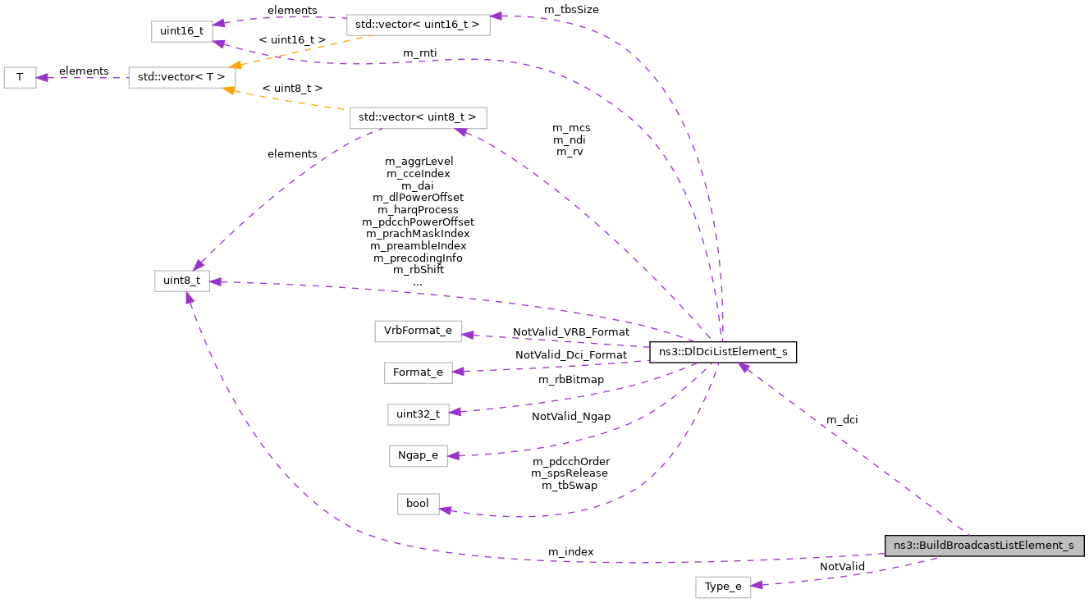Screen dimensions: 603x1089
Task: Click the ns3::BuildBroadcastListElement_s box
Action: click(x=984, y=546)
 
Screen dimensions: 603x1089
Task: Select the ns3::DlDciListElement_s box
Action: click(x=722, y=353)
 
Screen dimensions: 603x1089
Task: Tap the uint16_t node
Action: click(x=181, y=31)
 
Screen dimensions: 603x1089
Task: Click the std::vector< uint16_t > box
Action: click(x=418, y=25)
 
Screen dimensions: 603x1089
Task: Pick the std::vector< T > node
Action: click(x=181, y=78)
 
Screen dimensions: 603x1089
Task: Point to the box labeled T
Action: click(x=20, y=78)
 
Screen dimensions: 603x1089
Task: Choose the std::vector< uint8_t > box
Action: click(x=418, y=117)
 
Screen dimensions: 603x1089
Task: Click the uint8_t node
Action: click(x=181, y=281)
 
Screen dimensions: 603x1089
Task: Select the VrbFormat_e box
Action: click(x=418, y=331)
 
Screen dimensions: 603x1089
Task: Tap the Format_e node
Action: click(x=418, y=372)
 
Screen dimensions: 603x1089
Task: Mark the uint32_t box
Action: click(x=418, y=414)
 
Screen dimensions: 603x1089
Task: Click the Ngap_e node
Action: click(x=418, y=455)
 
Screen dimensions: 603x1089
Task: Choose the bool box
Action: click(x=418, y=504)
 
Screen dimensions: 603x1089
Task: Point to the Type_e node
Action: click(x=723, y=587)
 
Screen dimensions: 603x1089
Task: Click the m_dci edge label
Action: click(x=843, y=420)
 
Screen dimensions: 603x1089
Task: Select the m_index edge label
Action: click(x=570, y=551)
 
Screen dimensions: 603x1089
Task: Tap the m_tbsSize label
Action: click(x=571, y=10)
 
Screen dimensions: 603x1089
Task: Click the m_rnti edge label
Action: click(x=419, y=53)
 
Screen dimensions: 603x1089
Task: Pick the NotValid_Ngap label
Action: click(x=571, y=417)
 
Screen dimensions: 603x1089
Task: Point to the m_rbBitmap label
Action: click(x=571, y=379)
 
